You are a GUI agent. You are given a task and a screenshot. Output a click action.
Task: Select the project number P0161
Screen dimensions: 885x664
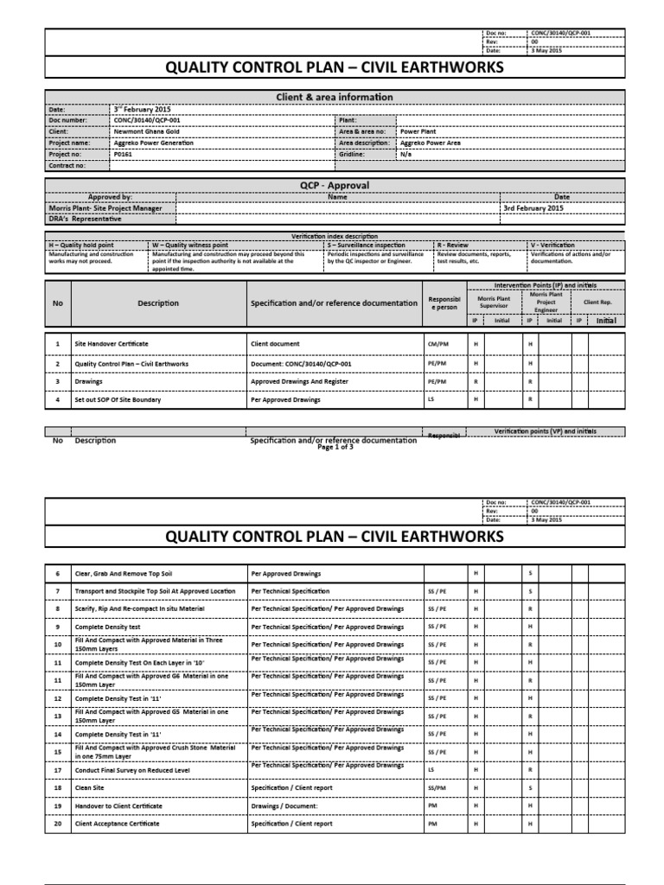(125, 154)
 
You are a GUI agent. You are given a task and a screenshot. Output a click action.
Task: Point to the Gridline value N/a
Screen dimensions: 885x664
(407, 154)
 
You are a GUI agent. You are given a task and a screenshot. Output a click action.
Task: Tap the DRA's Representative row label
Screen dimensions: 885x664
(85, 219)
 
